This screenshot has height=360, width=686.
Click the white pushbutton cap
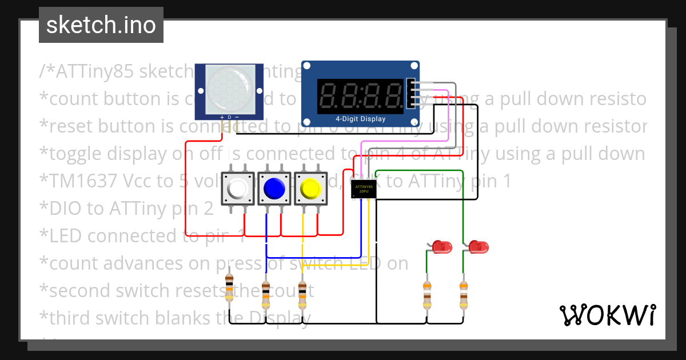click(x=238, y=188)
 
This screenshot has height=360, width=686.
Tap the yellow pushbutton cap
click(x=311, y=188)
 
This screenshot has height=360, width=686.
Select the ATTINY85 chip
click(x=364, y=189)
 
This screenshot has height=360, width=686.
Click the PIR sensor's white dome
click(x=229, y=88)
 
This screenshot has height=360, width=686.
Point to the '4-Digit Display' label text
click(x=360, y=119)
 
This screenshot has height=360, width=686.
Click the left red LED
click(x=441, y=247)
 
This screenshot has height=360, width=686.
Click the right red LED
click(x=478, y=247)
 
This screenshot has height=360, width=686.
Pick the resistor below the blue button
click(x=266, y=293)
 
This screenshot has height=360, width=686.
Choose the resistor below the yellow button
click(x=302, y=293)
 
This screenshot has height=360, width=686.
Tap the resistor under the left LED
click(x=426, y=294)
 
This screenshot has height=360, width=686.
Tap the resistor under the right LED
click(x=464, y=294)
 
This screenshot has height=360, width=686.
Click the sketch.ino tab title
click(x=101, y=25)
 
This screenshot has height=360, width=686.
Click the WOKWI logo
click(x=607, y=315)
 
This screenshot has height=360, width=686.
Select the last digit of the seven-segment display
click(x=393, y=95)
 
